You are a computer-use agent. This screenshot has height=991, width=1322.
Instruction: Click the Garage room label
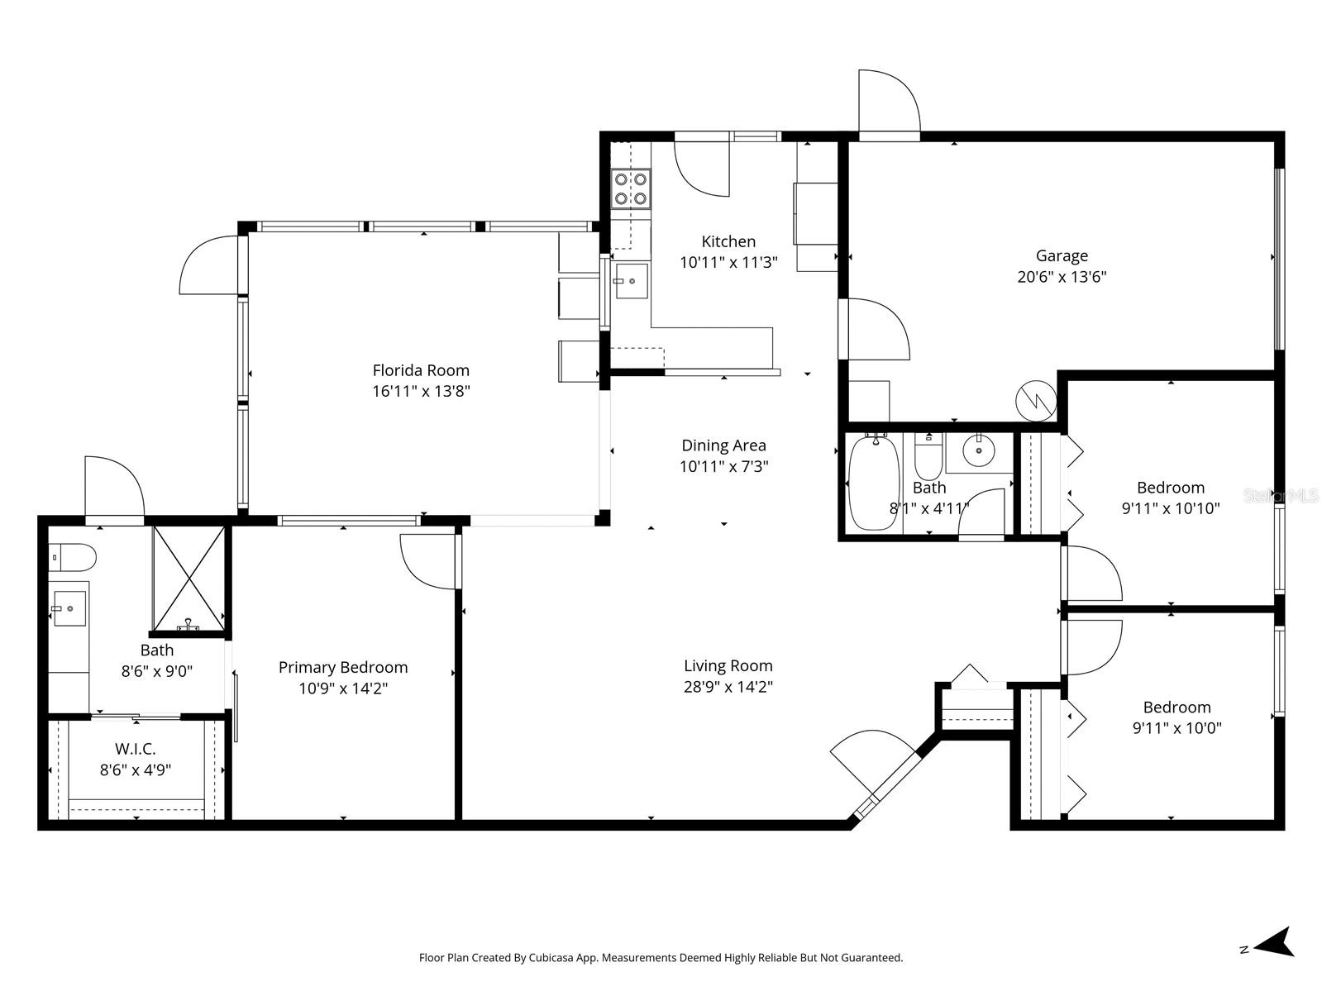pos(1062,256)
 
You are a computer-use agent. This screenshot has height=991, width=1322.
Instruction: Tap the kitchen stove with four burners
pos(630,188)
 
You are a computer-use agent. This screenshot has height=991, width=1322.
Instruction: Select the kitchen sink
pos(632,281)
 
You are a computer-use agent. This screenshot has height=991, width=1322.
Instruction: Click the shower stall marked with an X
pos(189,578)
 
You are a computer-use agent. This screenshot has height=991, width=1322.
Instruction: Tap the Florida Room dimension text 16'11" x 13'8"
pos(421,391)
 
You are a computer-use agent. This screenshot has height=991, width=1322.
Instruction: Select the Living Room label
pos(728,665)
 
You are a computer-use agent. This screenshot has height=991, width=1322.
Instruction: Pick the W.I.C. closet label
pos(136,749)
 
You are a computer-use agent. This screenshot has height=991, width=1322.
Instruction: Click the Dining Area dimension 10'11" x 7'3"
pos(723,466)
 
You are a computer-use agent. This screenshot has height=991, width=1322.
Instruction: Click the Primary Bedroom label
pos(343,667)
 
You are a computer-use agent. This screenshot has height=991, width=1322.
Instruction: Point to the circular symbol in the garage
pos(1036,401)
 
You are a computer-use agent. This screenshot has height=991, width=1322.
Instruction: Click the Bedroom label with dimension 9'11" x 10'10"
pos(1170,488)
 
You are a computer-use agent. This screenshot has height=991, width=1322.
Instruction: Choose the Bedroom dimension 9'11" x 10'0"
pos(1176,728)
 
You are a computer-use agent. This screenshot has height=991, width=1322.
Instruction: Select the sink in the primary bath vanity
pos(69,608)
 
